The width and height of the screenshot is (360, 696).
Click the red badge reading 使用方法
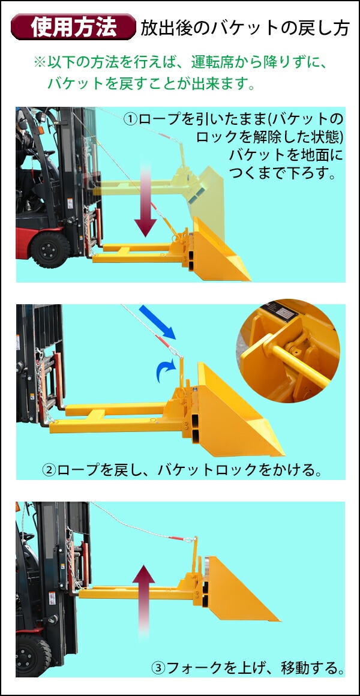tap(73, 27)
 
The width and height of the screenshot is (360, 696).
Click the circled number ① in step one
tap(131, 119)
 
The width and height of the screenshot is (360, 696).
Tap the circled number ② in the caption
tap(49, 470)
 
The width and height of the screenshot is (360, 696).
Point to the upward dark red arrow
tap(143, 602)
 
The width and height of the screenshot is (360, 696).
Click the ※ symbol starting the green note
tap(40, 62)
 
